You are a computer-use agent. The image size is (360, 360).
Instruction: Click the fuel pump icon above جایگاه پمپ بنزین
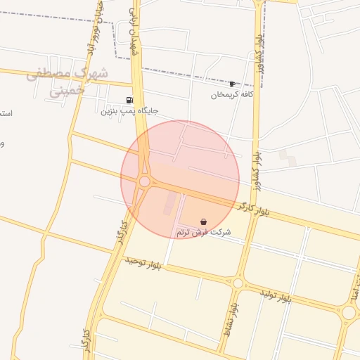[x=129, y=101]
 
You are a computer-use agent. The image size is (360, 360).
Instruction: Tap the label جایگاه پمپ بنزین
[x=129, y=111]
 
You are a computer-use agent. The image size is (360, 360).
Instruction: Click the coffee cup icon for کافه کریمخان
[x=232, y=84]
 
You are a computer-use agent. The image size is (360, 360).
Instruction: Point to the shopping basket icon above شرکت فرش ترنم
[x=203, y=222]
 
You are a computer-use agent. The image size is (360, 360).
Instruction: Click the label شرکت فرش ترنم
[x=203, y=232]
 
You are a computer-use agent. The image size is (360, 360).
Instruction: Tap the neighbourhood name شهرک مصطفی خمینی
[x=68, y=82]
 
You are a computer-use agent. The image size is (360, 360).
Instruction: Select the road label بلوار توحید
[x=143, y=264]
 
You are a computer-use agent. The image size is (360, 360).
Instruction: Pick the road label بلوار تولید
[x=275, y=295]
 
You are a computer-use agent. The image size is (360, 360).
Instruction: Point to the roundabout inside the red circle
[x=144, y=181]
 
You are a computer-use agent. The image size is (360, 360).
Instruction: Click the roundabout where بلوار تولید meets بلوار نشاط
[x=238, y=283]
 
